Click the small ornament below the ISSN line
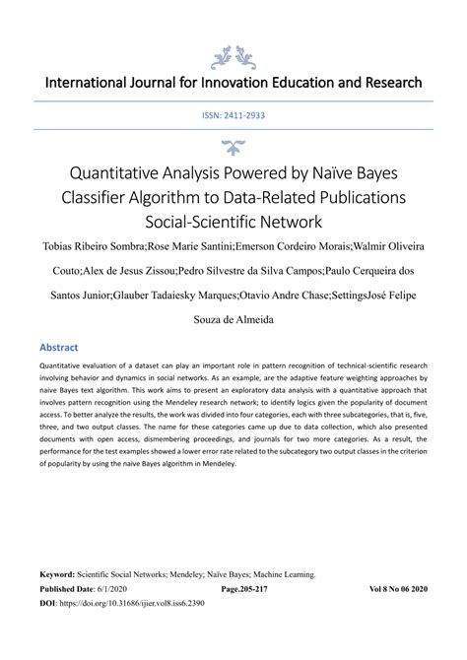pyautogui.click(x=233, y=147)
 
